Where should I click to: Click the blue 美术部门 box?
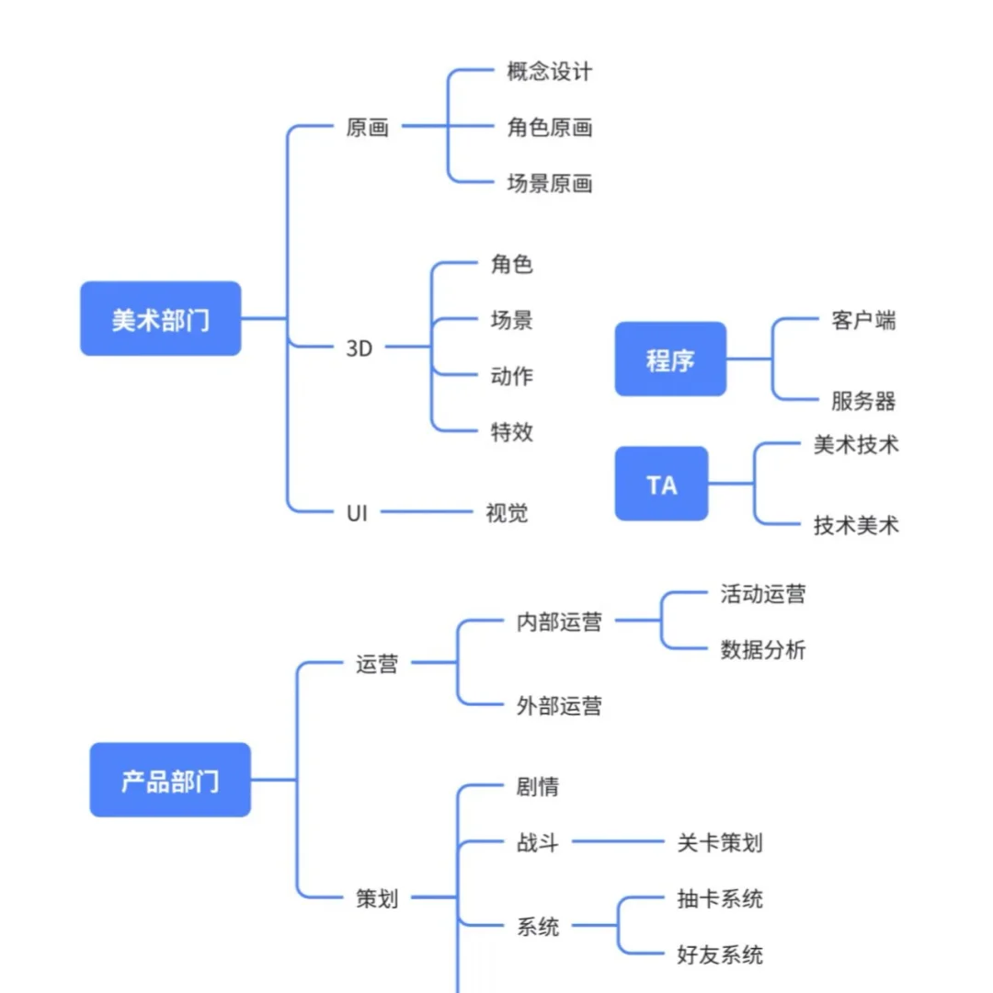pos(161,318)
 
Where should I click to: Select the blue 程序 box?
pos(670,360)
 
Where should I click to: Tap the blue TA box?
pos(662,484)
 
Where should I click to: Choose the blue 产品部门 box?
pos(170,781)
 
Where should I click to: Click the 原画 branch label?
pos(368,128)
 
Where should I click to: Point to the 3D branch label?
pos(360,348)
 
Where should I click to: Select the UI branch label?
pos(357,513)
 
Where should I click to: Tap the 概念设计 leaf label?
pos(549,72)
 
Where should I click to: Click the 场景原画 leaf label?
pos(549,184)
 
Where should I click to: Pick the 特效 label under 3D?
pos(512,431)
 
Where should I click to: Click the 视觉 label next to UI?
pos(507,513)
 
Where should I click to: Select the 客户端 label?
pos(863,320)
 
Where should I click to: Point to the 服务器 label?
pos(863,401)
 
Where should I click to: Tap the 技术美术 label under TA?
pos(856,525)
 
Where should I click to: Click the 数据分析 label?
pos(762,650)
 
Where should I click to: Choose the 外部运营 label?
pos(559,706)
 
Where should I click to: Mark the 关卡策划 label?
pos(719,842)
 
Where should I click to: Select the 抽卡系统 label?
pos(719,898)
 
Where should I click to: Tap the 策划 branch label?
pos(377,898)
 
